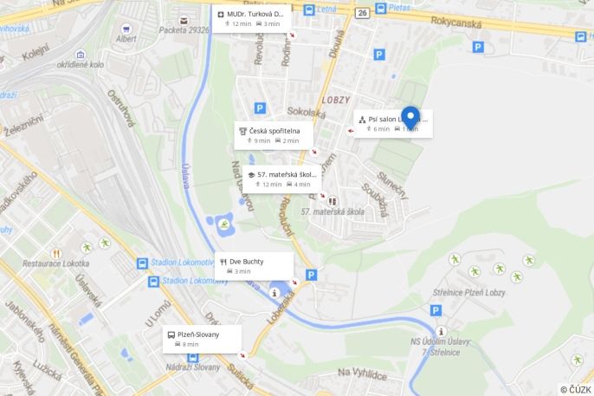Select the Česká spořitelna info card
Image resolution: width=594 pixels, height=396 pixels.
point(273,134)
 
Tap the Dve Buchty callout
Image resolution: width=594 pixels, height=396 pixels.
point(254,265)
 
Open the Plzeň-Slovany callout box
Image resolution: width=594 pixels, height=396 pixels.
point(202,339)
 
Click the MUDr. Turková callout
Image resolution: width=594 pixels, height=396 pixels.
point(251,18)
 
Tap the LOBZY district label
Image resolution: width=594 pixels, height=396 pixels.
point(335,100)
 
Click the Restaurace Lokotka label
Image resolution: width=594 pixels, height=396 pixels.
point(55,263)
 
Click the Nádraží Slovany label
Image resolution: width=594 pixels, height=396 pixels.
point(194,367)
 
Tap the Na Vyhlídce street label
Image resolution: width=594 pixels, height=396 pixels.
point(362,373)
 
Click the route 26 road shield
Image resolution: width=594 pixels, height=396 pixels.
point(361,13)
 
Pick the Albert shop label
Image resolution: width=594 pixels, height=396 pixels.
point(126,39)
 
